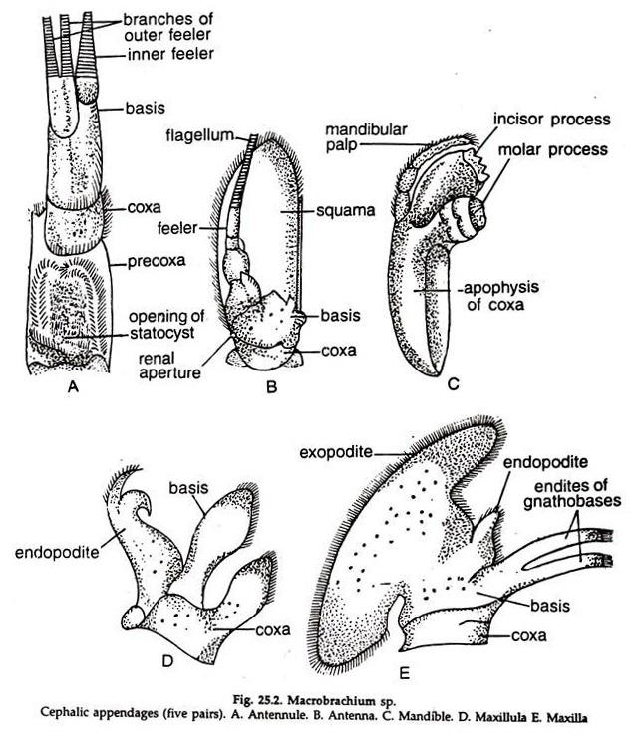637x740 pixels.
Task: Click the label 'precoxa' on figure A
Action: coord(155,264)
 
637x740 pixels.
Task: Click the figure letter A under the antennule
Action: coord(71,389)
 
